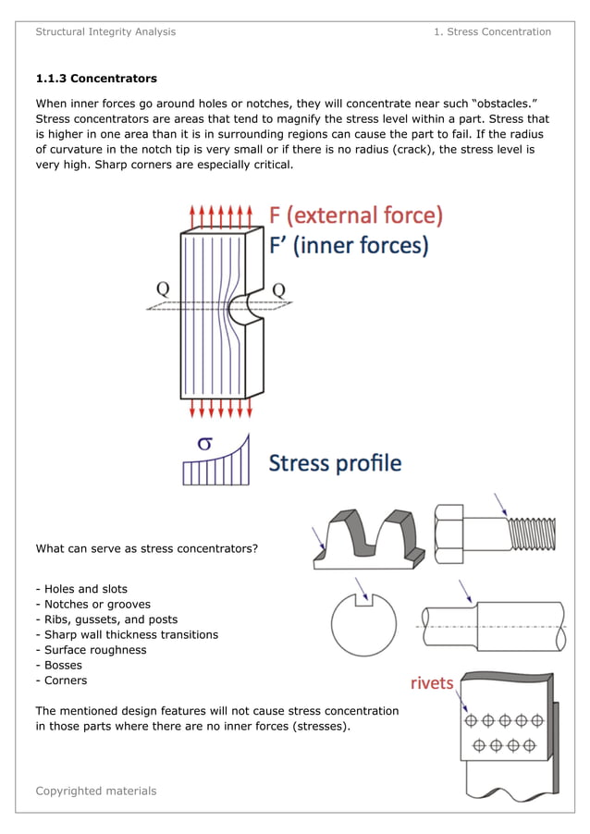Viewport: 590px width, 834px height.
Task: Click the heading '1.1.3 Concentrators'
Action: [x=96, y=79]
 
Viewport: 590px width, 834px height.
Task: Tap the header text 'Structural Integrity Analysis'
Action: [x=105, y=31]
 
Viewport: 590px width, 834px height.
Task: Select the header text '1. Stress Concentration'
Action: [x=492, y=31]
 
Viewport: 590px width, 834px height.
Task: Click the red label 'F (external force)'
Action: [x=356, y=215]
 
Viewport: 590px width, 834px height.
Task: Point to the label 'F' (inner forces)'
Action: [x=348, y=246]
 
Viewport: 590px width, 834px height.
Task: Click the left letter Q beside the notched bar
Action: [x=163, y=288]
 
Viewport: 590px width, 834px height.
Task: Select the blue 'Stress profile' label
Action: [x=335, y=462]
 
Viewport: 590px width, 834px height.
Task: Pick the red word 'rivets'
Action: [x=432, y=683]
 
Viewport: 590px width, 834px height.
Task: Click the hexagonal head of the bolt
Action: [x=449, y=534]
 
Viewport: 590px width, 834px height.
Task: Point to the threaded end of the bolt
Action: [x=532, y=534]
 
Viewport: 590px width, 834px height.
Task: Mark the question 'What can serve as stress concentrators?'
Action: [x=146, y=548]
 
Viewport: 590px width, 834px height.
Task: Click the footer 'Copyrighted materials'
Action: [x=96, y=791]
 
